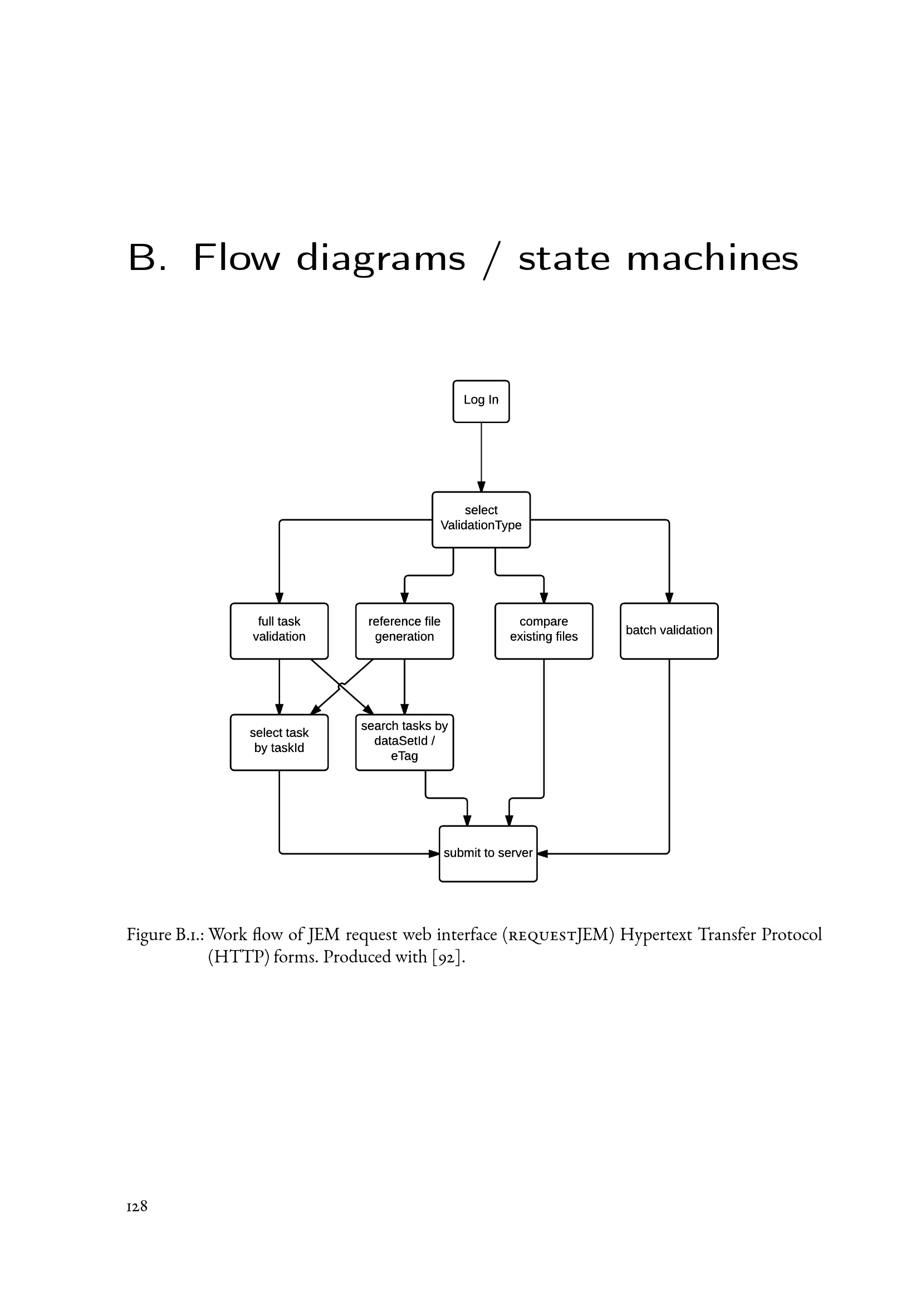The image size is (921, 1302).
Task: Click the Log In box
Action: [481, 401]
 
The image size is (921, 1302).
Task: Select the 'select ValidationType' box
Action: [481, 519]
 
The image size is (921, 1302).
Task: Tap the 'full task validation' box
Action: [279, 631]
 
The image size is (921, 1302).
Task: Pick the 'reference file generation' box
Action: [404, 631]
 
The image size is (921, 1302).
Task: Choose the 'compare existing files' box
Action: [543, 631]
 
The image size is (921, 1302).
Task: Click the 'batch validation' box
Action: [669, 631]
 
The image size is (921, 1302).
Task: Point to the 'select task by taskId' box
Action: [279, 741]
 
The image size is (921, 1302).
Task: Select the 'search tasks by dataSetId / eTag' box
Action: [404, 741]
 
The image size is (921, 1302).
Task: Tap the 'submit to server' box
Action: [488, 853]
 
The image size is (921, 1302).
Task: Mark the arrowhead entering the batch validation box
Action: [669, 598]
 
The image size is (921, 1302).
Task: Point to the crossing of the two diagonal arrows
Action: [341, 687]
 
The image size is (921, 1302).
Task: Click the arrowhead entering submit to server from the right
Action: [542, 853]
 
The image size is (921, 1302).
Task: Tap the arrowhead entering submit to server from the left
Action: [434, 853]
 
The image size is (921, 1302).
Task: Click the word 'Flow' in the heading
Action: [237, 258]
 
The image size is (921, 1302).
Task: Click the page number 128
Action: [136, 1206]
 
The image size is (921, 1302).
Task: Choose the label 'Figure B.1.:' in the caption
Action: [165, 935]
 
